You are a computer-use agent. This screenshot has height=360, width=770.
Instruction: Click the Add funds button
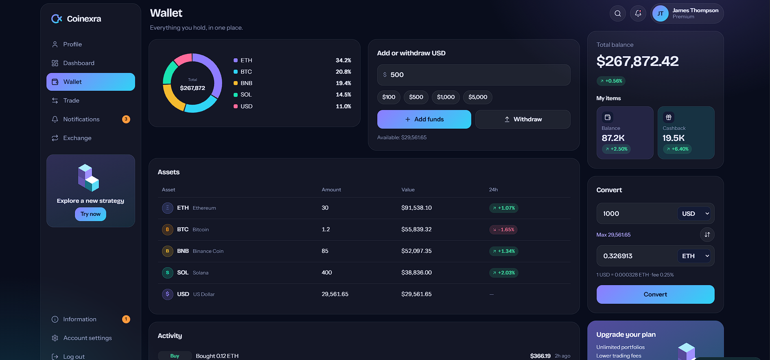tap(424, 119)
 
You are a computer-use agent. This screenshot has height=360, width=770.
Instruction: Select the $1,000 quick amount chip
tap(446, 97)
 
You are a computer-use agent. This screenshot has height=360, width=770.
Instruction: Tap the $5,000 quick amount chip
tap(478, 97)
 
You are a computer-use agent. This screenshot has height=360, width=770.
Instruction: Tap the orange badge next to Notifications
tap(126, 119)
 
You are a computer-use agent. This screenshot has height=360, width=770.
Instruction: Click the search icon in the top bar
tap(617, 13)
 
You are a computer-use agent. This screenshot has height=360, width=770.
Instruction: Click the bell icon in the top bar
tap(638, 13)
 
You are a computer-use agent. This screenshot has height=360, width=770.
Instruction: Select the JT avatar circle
tap(660, 13)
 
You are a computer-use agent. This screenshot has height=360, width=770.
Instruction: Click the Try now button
tap(90, 214)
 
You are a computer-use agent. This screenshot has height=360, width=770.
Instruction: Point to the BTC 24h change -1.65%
tap(503, 230)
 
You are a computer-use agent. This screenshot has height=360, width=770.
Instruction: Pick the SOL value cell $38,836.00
tap(416, 272)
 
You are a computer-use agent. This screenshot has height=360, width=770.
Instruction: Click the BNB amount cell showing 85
tap(325, 251)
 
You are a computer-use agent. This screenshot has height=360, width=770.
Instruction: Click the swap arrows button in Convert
tap(707, 235)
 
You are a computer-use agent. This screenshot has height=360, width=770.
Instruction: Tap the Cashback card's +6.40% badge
tap(677, 149)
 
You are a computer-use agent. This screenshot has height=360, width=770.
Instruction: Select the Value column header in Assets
tap(408, 190)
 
